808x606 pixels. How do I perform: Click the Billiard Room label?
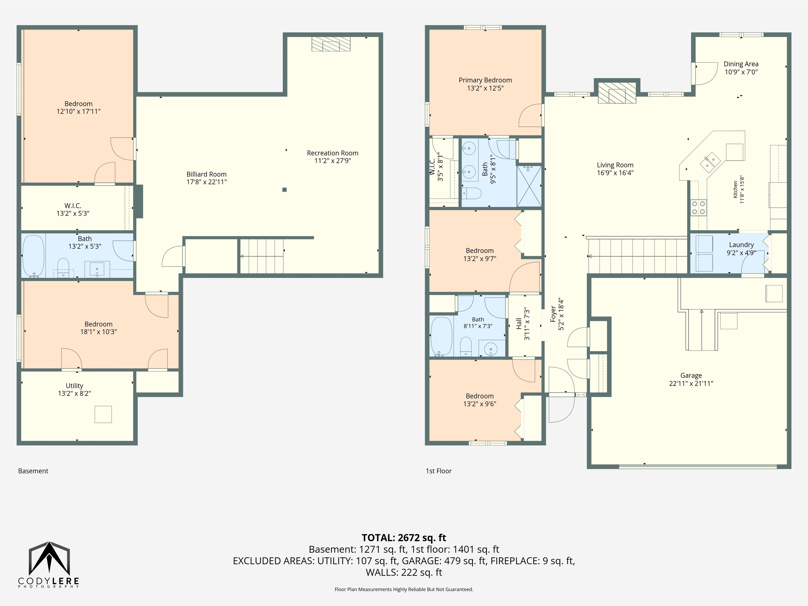tap(206, 174)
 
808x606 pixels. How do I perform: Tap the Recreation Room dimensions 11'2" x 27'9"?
tap(332, 161)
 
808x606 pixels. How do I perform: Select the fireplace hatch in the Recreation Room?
tap(331, 44)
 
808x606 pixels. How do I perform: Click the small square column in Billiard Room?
tap(285, 190)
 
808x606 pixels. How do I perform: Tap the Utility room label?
tap(74, 386)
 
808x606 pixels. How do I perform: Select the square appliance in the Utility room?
tap(103, 414)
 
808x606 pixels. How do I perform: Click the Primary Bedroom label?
tap(485, 80)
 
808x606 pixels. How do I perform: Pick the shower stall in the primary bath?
tap(529, 186)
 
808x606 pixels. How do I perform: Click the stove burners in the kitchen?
tap(698, 208)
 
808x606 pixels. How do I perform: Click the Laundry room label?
tap(741, 245)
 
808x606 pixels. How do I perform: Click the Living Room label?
tap(615, 165)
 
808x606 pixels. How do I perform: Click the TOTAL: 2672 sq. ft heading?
tap(404, 538)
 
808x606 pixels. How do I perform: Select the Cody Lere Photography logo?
tap(49, 565)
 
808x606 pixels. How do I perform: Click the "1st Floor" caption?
tap(439, 471)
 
